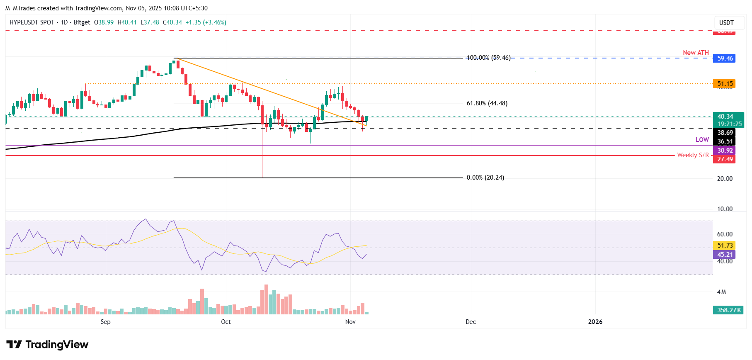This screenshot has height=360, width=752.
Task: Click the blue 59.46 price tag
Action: pos(725,58)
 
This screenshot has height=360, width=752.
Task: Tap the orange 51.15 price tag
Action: pos(725,84)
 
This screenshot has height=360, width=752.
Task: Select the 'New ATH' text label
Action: pos(696,53)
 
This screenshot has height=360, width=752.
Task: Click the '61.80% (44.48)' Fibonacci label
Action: pos(487,103)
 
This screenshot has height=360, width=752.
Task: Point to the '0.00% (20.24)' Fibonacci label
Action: pos(485,178)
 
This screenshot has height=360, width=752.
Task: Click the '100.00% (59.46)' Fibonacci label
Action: pos(488,58)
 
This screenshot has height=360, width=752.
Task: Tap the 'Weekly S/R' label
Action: pos(693,155)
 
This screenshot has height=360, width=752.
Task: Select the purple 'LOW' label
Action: pos(702,140)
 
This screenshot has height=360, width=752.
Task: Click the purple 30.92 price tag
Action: pos(725,151)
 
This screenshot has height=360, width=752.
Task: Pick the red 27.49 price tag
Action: pos(725,159)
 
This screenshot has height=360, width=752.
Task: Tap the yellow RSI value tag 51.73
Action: pos(725,246)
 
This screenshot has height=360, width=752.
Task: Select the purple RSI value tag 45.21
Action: pos(725,255)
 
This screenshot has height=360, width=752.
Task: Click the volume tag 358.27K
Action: pos(729,310)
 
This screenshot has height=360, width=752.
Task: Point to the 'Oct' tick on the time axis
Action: pos(226,322)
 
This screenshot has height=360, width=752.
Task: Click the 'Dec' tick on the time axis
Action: pos(471,322)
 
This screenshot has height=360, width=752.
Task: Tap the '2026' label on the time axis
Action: pos(595,322)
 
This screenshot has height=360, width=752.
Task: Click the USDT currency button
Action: pos(726,23)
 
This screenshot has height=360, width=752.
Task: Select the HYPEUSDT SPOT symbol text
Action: pos(32,22)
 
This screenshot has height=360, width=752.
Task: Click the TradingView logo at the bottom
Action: pos(47,345)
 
